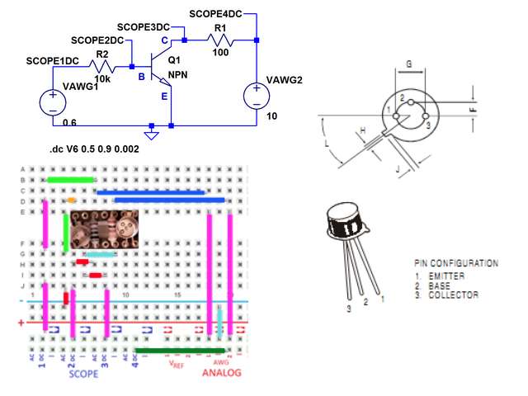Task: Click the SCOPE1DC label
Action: tap(53, 61)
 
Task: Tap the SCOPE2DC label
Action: tap(97, 40)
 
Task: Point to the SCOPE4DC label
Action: tap(215, 14)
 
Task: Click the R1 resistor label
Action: tap(220, 28)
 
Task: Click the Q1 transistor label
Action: tap(174, 60)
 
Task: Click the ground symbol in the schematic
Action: tap(151, 132)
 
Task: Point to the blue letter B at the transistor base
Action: tap(141, 78)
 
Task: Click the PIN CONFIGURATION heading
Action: tap(455, 263)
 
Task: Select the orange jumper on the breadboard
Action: tap(72, 200)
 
